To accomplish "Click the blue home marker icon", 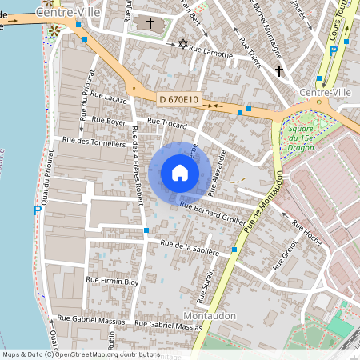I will pyautogui.click(x=180, y=173).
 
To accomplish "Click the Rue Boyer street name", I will pyautogui.click(x=110, y=121).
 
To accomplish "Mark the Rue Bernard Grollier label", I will pyautogui.click(x=211, y=213).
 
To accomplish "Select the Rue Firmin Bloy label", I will pyautogui.click(x=113, y=282).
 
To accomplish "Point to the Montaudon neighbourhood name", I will pyautogui.click(x=210, y=316).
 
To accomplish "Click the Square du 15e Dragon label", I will pyautogui.click(x=301, y=136).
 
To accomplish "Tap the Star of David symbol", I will pyautogui.click(x=182, y=42).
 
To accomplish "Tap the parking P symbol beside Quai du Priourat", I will pyautogui.click(x=37, y=210).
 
